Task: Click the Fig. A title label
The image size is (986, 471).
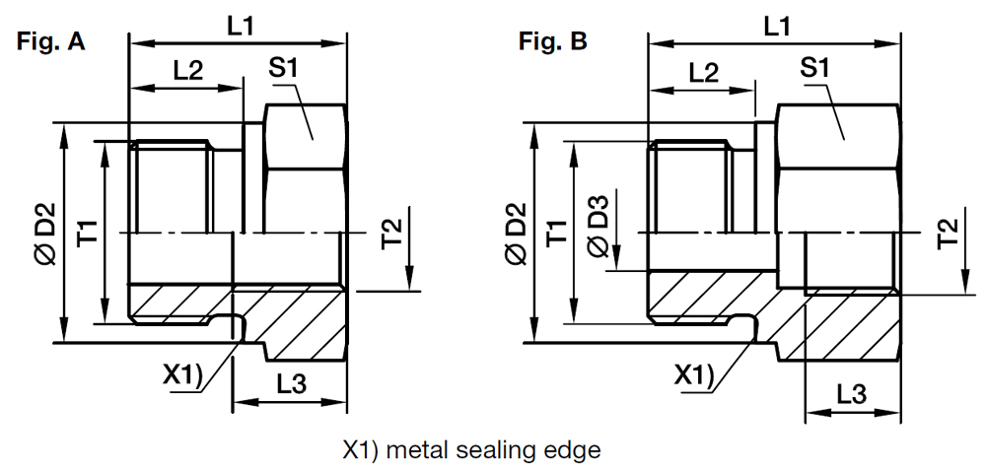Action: (49, 42)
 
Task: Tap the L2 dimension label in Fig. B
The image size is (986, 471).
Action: (703, 71)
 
